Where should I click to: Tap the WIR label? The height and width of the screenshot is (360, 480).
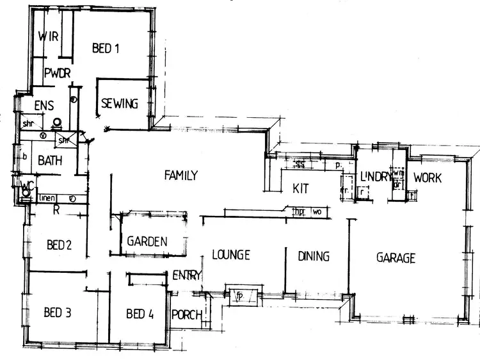pyautogui.click(x=49, y=37)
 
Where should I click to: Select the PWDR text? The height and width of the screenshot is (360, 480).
pyautogui.click(x=57, y=74)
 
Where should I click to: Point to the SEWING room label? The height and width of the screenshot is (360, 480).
pyautogui.click(x=120, y=104)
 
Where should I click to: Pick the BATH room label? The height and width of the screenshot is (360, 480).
pyautogui.click(x=49, y=160)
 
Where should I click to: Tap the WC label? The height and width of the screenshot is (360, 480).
pyautogui.click(x=26, y=186)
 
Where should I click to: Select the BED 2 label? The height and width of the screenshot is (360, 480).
pyautogui.click(x=58, y=244)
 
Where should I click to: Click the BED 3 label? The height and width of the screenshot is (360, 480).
pyautogui.click(x=57, y=313)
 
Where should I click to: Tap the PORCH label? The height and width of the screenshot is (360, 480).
pyautogui.click(x=188, y=315)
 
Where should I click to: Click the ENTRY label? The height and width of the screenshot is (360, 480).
pyautogui.click(x=188, y=275)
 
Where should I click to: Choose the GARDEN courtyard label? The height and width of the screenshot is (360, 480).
pyautogui.click(x=147, y=241)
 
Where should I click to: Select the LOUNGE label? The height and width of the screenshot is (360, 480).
pyautogui.click(x=230, y=255)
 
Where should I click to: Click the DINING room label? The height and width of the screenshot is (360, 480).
pyautogui.click(x=314, y=256)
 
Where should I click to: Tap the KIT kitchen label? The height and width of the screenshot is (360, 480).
pyautogui.click(x=301, y=188)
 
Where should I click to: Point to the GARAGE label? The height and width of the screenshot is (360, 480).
pyautogui.click(x=396, y=258)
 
